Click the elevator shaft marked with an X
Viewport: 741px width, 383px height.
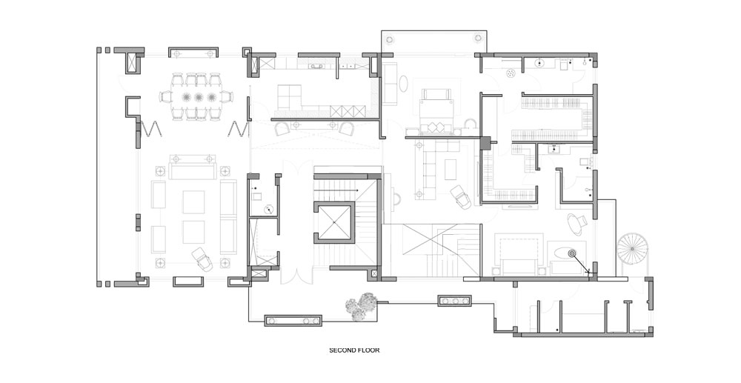pos(333,222)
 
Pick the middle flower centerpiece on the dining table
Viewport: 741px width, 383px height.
pos(199,98)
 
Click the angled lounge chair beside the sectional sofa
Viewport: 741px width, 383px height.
pos(460,197)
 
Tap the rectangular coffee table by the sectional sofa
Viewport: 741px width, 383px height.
pos(451,170)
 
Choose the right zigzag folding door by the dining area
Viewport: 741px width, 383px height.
pos(239,128)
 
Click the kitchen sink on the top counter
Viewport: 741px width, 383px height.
pos(316,67)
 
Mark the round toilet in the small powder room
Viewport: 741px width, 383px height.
pos(269,209)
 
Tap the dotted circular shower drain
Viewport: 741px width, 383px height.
pos(511,73)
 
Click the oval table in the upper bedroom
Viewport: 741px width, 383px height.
pos(404,84)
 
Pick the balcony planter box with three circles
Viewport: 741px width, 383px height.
pos(454,300)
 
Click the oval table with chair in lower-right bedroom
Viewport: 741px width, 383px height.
pos(575,224)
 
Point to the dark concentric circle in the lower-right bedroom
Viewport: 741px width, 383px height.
pos(572,253)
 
